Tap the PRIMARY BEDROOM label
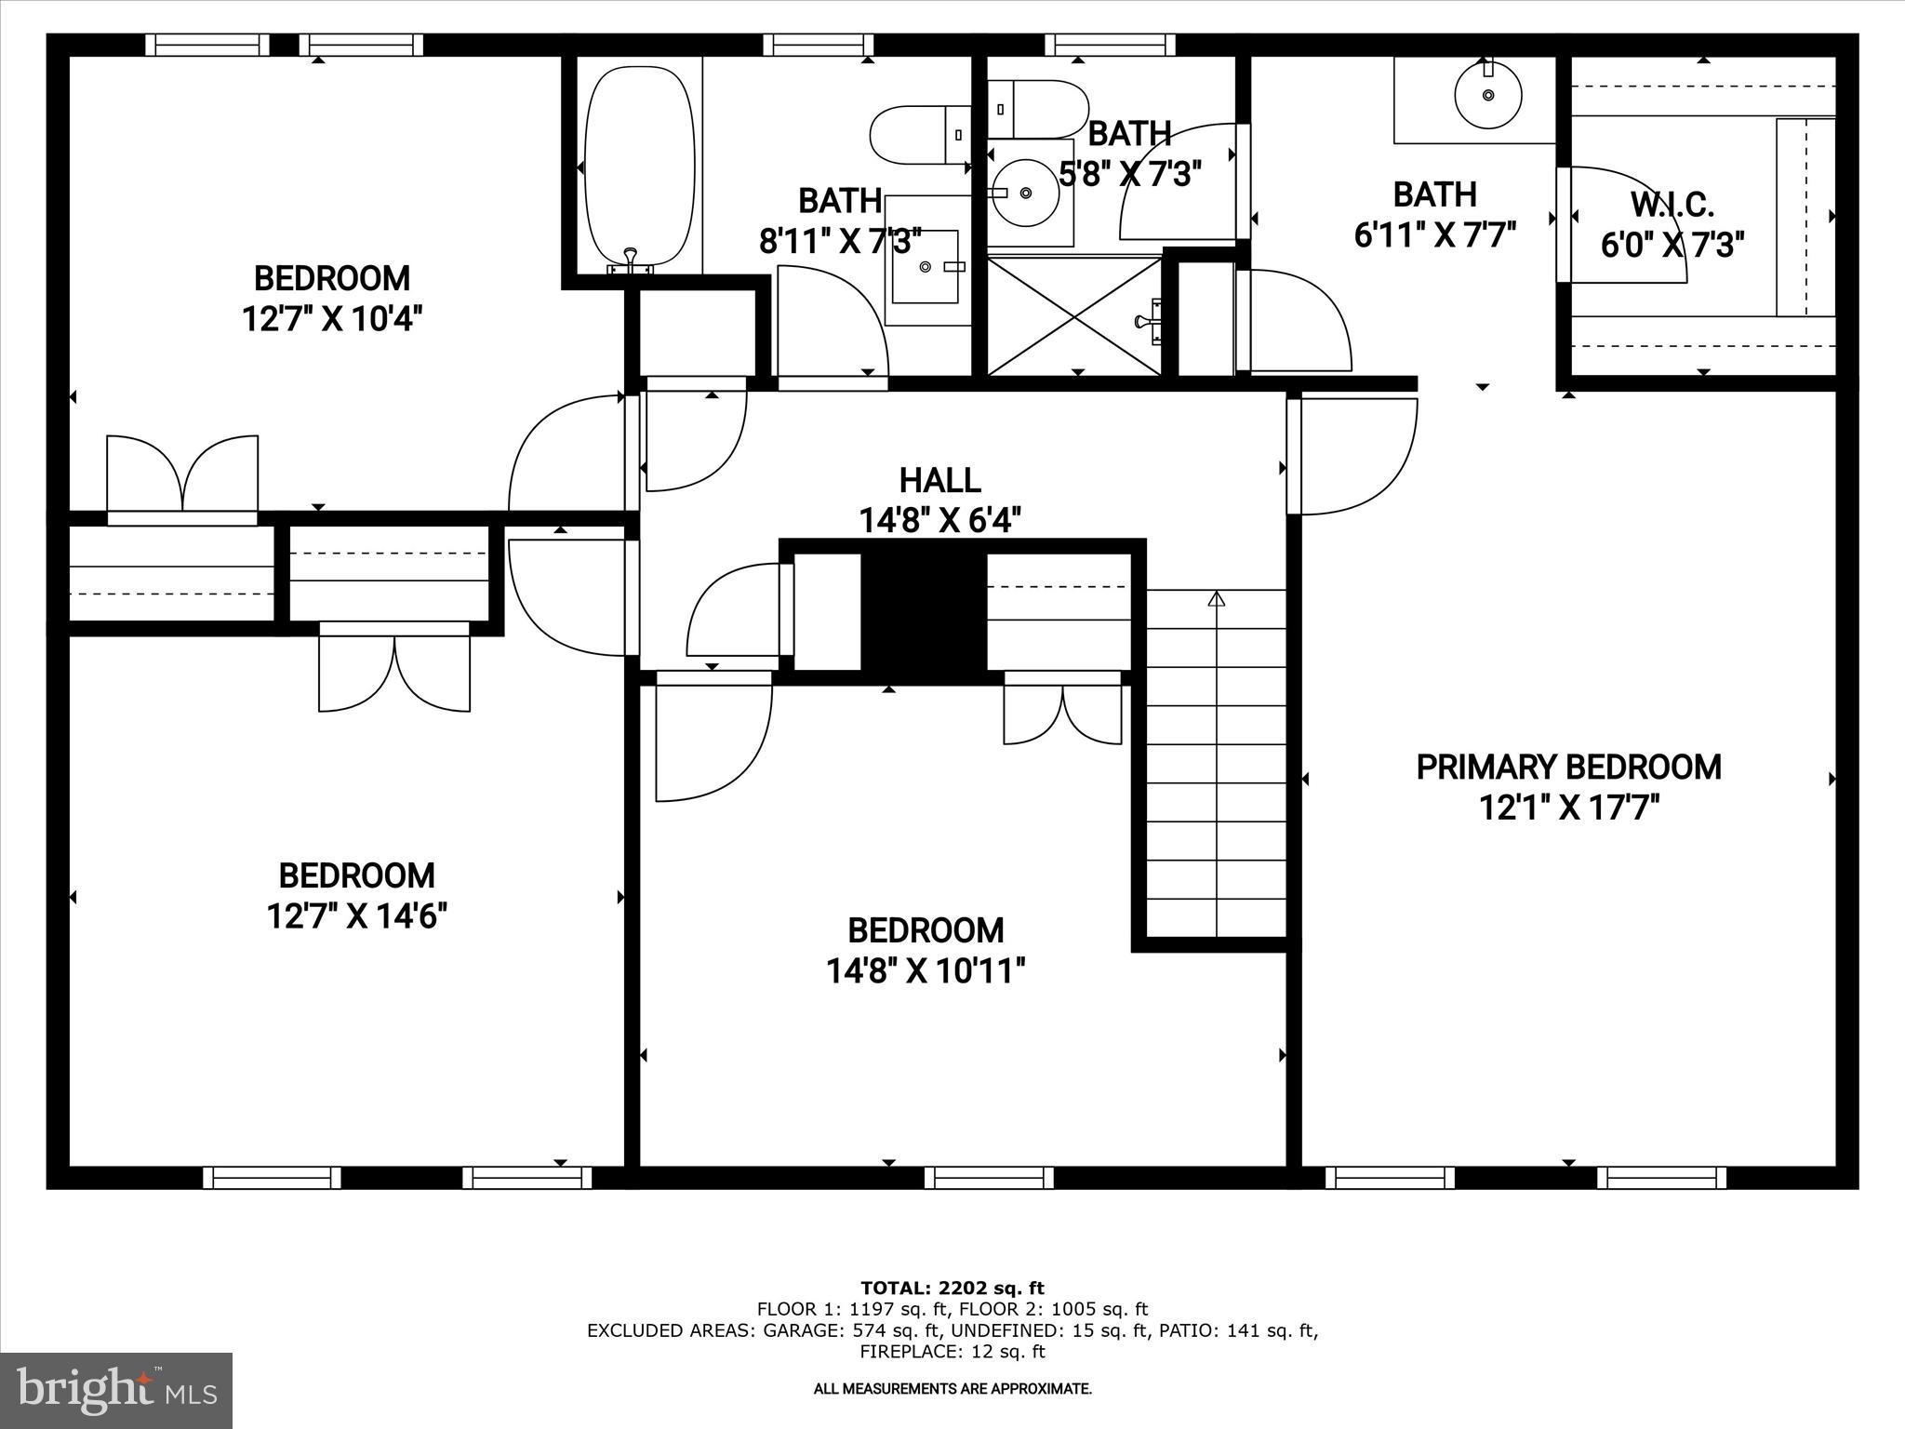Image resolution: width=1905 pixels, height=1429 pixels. pyautogui.click(x=1568, y=768)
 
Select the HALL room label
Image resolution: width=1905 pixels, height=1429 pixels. pyautogui.click(x=939, y=480)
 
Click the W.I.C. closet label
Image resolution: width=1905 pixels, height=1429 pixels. pyautogui.click(x=1672, y=204)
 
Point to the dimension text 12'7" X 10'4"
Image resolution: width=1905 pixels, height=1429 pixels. pyautogui.click(x=332, y=319)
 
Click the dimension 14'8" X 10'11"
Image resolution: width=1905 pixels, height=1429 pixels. pyautogui.click(x=926, y=971)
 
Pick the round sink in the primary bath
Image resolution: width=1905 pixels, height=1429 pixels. pyautogui.click(x=1488, y=95)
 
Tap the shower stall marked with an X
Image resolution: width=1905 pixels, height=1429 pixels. pyautogui.click(x=1074, y=317)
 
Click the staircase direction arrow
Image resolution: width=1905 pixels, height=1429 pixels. pyautogui.click(x=1216, y=599)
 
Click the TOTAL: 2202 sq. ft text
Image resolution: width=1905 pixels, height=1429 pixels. pyautogui.click(x=952, y=1289)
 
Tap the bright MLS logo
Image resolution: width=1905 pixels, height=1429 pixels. pyautogui.click(x=116, y=1391)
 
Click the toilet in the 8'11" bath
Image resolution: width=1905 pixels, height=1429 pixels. pyautogui.click(x=916, y=135)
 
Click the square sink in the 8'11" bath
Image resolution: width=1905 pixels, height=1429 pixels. pyautogui.click(x=926, y=266)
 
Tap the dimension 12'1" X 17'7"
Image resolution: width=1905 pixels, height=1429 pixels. pyautogui.click(x=1568, y=808)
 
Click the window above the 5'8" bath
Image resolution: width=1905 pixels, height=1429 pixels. pyautogui.click(x=1110, y=45)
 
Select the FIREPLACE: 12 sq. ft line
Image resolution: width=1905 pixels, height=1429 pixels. pyautogui.click(x=952, y=1352)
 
